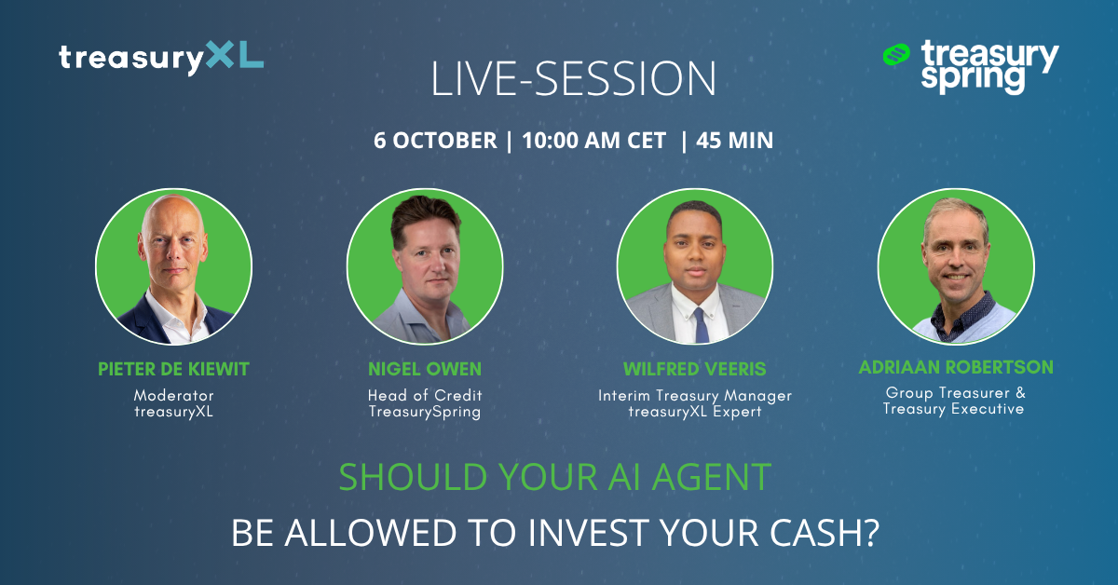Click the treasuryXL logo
tap(161, 58)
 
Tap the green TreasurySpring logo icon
tap(896, 54)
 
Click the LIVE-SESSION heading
tap(573, 78)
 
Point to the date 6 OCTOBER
tap(435, 141)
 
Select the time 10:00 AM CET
tap(594, 141)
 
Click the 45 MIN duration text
tap(734, 141)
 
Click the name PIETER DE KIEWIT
tap(173, 369)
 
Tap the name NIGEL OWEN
tap(425, 369)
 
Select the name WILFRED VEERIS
tap(695, 369)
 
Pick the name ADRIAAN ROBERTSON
tap(956, 367)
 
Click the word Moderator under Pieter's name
tap(173, 395)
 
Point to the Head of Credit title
tap(425, 395)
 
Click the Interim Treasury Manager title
tap(695, 396)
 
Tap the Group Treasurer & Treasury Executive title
tap(954, 401)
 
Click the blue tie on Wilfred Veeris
tap(701, 325)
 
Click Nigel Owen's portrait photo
tap(425, 266)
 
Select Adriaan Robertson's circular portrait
tap(956, 266)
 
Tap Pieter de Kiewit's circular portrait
tap(173, 266)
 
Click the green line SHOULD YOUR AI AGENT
tap(555, 477)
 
